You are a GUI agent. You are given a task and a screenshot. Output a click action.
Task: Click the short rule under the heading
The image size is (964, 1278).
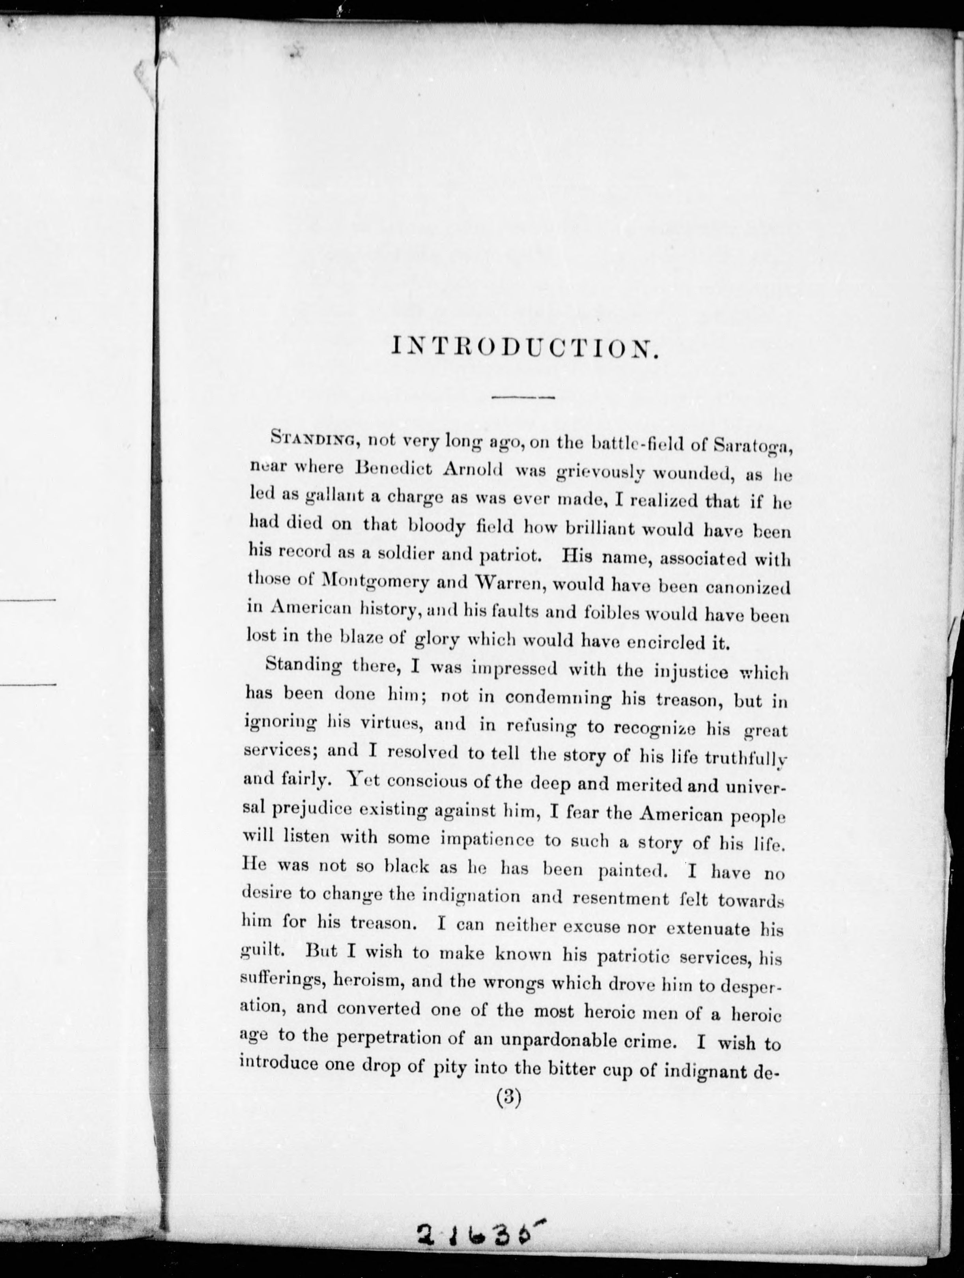(523, 398)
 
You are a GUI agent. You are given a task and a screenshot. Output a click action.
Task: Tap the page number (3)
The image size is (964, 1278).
(509, 1098)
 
